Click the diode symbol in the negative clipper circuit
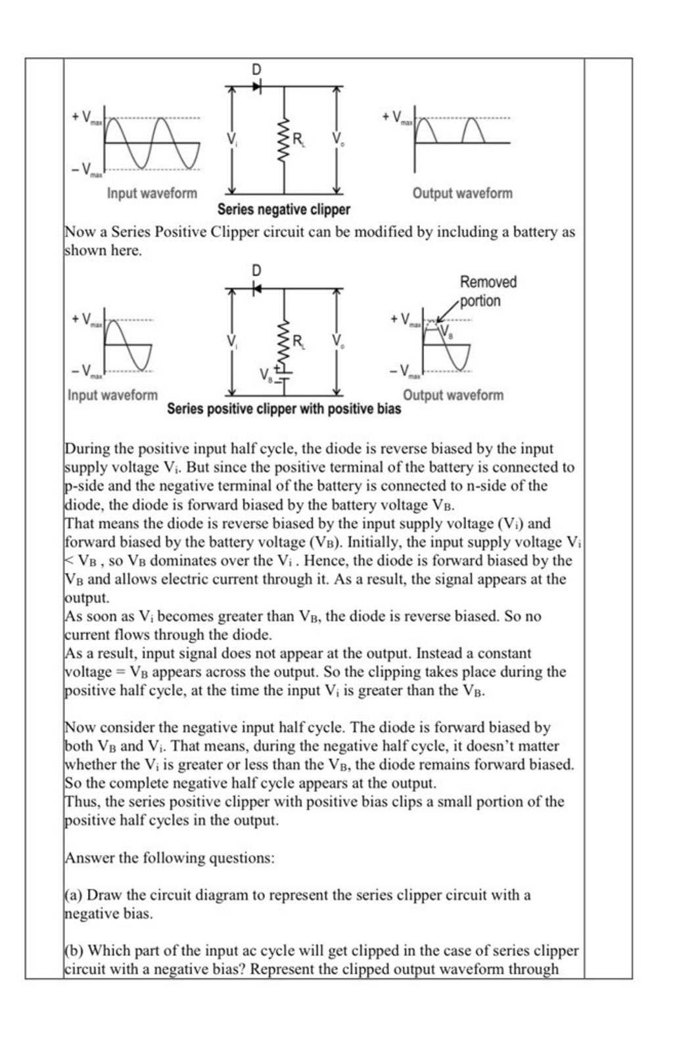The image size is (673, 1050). coord(257,85)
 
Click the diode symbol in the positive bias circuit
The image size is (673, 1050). coord(257,288)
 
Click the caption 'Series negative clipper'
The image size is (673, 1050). coord(283,210)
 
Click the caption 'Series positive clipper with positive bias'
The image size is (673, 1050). coord(283,409)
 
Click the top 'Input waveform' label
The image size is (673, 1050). coord(152,193)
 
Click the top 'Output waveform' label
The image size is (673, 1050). coord(462,193)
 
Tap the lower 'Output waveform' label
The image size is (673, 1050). coord(453,395)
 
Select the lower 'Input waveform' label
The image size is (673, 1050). coord(113,395)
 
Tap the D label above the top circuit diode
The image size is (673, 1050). coord(256,69)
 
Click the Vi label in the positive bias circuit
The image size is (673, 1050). coord(231,340)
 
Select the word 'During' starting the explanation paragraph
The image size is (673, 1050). coord(87,449)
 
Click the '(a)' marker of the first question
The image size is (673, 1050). coord(74,895)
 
